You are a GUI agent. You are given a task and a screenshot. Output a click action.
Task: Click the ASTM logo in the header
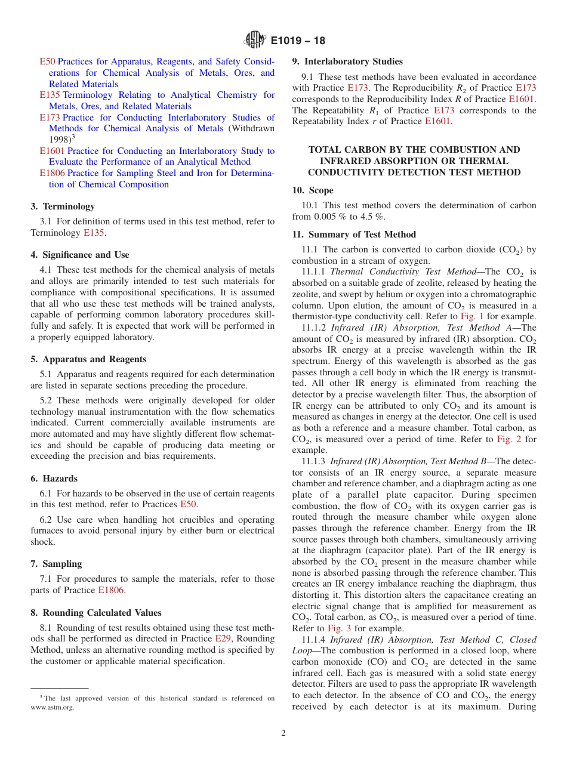tap(255, 41)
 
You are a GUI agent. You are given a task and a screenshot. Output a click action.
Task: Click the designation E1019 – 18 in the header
tap(298, 41)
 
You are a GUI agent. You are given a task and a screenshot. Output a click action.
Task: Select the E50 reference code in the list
tap(47, 61)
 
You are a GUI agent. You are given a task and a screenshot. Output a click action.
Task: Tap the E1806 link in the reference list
tap(52, 173)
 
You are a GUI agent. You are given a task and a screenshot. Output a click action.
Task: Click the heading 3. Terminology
tap(63, 206)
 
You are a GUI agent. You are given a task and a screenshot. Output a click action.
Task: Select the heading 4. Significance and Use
tap(80, 255)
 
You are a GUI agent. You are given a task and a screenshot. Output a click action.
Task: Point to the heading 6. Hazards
tap(54, 479)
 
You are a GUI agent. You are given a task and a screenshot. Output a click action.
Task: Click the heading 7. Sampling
tap(56, 564)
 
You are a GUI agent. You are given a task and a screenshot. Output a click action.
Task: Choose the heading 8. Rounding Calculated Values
tap(96, 613)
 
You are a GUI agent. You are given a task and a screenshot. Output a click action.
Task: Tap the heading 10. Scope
tap(313, 190)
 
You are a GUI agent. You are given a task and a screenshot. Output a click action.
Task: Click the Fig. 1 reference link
tap(472, 316)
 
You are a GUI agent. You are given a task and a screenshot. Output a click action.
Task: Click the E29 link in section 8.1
tap(223, 638)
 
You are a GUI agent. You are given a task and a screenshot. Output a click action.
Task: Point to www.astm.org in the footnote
tap(53, 708)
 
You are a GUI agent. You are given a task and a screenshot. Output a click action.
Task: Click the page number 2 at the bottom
tap(283, 733)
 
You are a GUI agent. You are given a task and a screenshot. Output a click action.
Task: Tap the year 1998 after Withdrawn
tap(59, 140)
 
